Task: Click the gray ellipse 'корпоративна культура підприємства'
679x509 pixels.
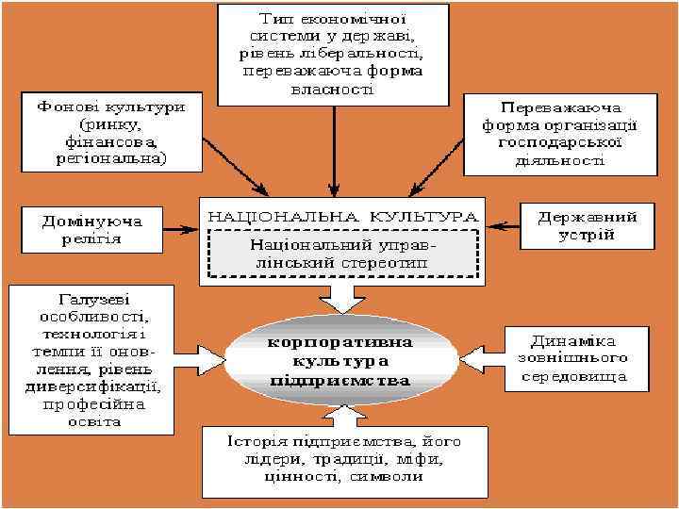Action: pyautogui.click(x=339, y=360)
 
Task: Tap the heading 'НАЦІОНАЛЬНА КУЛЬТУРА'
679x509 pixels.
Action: pyautogui.click(x=339, y=215)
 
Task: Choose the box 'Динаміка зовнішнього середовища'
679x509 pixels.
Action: pyautogui.click(x=578, y=359)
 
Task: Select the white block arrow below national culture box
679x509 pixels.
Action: pyautogui.click(x=339, y=299)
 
